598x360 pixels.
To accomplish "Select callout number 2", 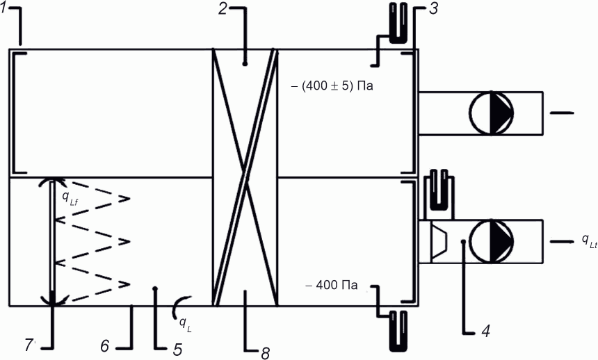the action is [x=223, y=9].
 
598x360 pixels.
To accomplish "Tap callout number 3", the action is [x=433, y=9].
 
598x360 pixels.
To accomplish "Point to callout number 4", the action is [x=485, y=332].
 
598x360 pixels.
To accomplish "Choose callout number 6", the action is [x=105, y=346].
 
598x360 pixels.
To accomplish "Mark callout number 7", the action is [x=29, y=345].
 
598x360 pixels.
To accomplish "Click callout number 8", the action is [x=266, y=354].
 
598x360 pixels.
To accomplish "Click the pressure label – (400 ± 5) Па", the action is [x=332, y=85].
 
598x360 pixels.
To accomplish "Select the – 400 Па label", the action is [x=332, y=285].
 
